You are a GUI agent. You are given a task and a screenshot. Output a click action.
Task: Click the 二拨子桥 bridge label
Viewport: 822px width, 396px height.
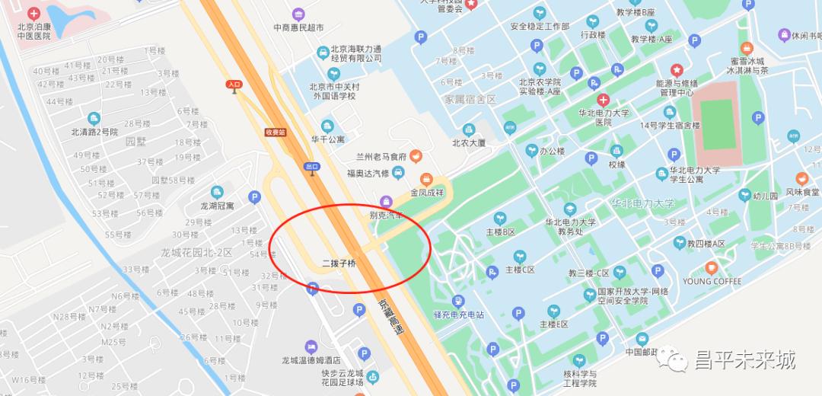(x=339, y=263)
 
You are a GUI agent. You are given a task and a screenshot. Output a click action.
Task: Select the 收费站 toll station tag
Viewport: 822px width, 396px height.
(x=275, y=132)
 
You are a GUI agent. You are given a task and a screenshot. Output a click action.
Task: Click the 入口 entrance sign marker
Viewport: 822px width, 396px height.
(x=234, y=85)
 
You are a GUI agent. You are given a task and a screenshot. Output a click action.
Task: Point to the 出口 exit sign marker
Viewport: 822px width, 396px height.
(x=311, y=166)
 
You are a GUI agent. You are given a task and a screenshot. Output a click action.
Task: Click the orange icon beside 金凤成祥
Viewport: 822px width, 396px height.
(x=425, y=178)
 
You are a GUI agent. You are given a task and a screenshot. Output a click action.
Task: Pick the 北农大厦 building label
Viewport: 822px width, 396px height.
(x=469, y=142)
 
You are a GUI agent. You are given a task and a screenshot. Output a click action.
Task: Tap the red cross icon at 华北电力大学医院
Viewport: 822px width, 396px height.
(x=603, y=100)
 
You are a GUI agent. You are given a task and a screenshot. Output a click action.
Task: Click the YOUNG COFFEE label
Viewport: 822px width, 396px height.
(x=712, y=281)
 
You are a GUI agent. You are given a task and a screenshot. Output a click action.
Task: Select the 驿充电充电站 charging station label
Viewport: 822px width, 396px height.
(x=458, y=315)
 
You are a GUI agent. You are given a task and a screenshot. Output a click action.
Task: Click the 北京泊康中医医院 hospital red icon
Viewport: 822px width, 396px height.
(x=33, y=14)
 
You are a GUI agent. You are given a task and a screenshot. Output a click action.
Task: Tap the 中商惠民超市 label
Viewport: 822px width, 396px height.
(x=298, y=27)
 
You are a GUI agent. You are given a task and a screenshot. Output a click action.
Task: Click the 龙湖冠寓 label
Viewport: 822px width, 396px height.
(x=217, y=206)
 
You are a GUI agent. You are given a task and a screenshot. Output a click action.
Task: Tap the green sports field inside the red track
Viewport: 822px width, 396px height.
(x=717, y=124)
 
